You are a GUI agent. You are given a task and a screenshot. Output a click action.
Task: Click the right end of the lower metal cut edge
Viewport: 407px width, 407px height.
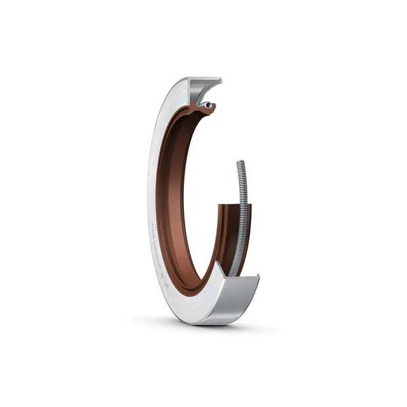pyautogui.click(x=259, y=275)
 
